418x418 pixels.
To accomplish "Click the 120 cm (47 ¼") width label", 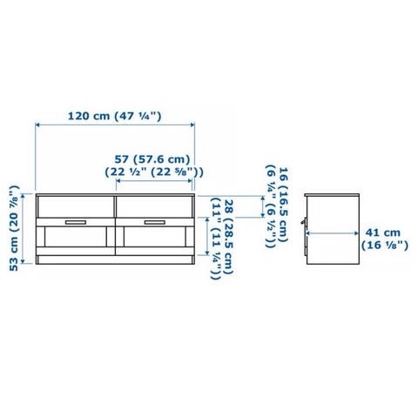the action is pos(114,116).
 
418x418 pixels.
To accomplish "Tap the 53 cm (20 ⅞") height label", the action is pos(15,228).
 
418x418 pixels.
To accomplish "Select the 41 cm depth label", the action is pos(383,233).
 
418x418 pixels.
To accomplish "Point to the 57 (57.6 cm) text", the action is pos(152,159).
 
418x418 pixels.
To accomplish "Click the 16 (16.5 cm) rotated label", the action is pos(283,205).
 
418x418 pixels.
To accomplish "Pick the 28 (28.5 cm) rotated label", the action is pos(228,237).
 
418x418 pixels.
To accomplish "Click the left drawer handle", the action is pos(76,222).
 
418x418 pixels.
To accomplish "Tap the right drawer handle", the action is pos(155,222).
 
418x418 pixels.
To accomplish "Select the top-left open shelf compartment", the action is pos(76,206).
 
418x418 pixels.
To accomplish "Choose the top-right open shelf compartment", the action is pos(154,206).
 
